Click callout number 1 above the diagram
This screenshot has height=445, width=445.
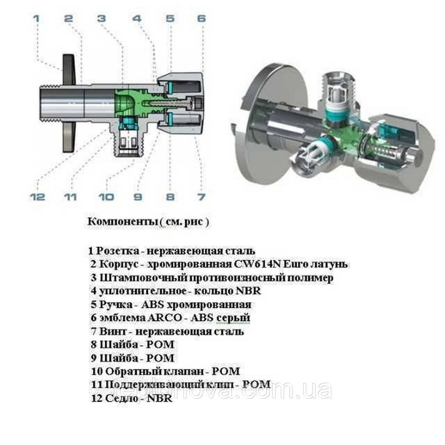coord(36,19)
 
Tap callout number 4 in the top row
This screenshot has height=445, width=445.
coord(137,19)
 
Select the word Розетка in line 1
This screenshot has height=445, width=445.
coord(114,251)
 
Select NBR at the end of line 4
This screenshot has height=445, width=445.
coord(250,291)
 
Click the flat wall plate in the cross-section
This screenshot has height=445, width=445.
coord(69,102)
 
